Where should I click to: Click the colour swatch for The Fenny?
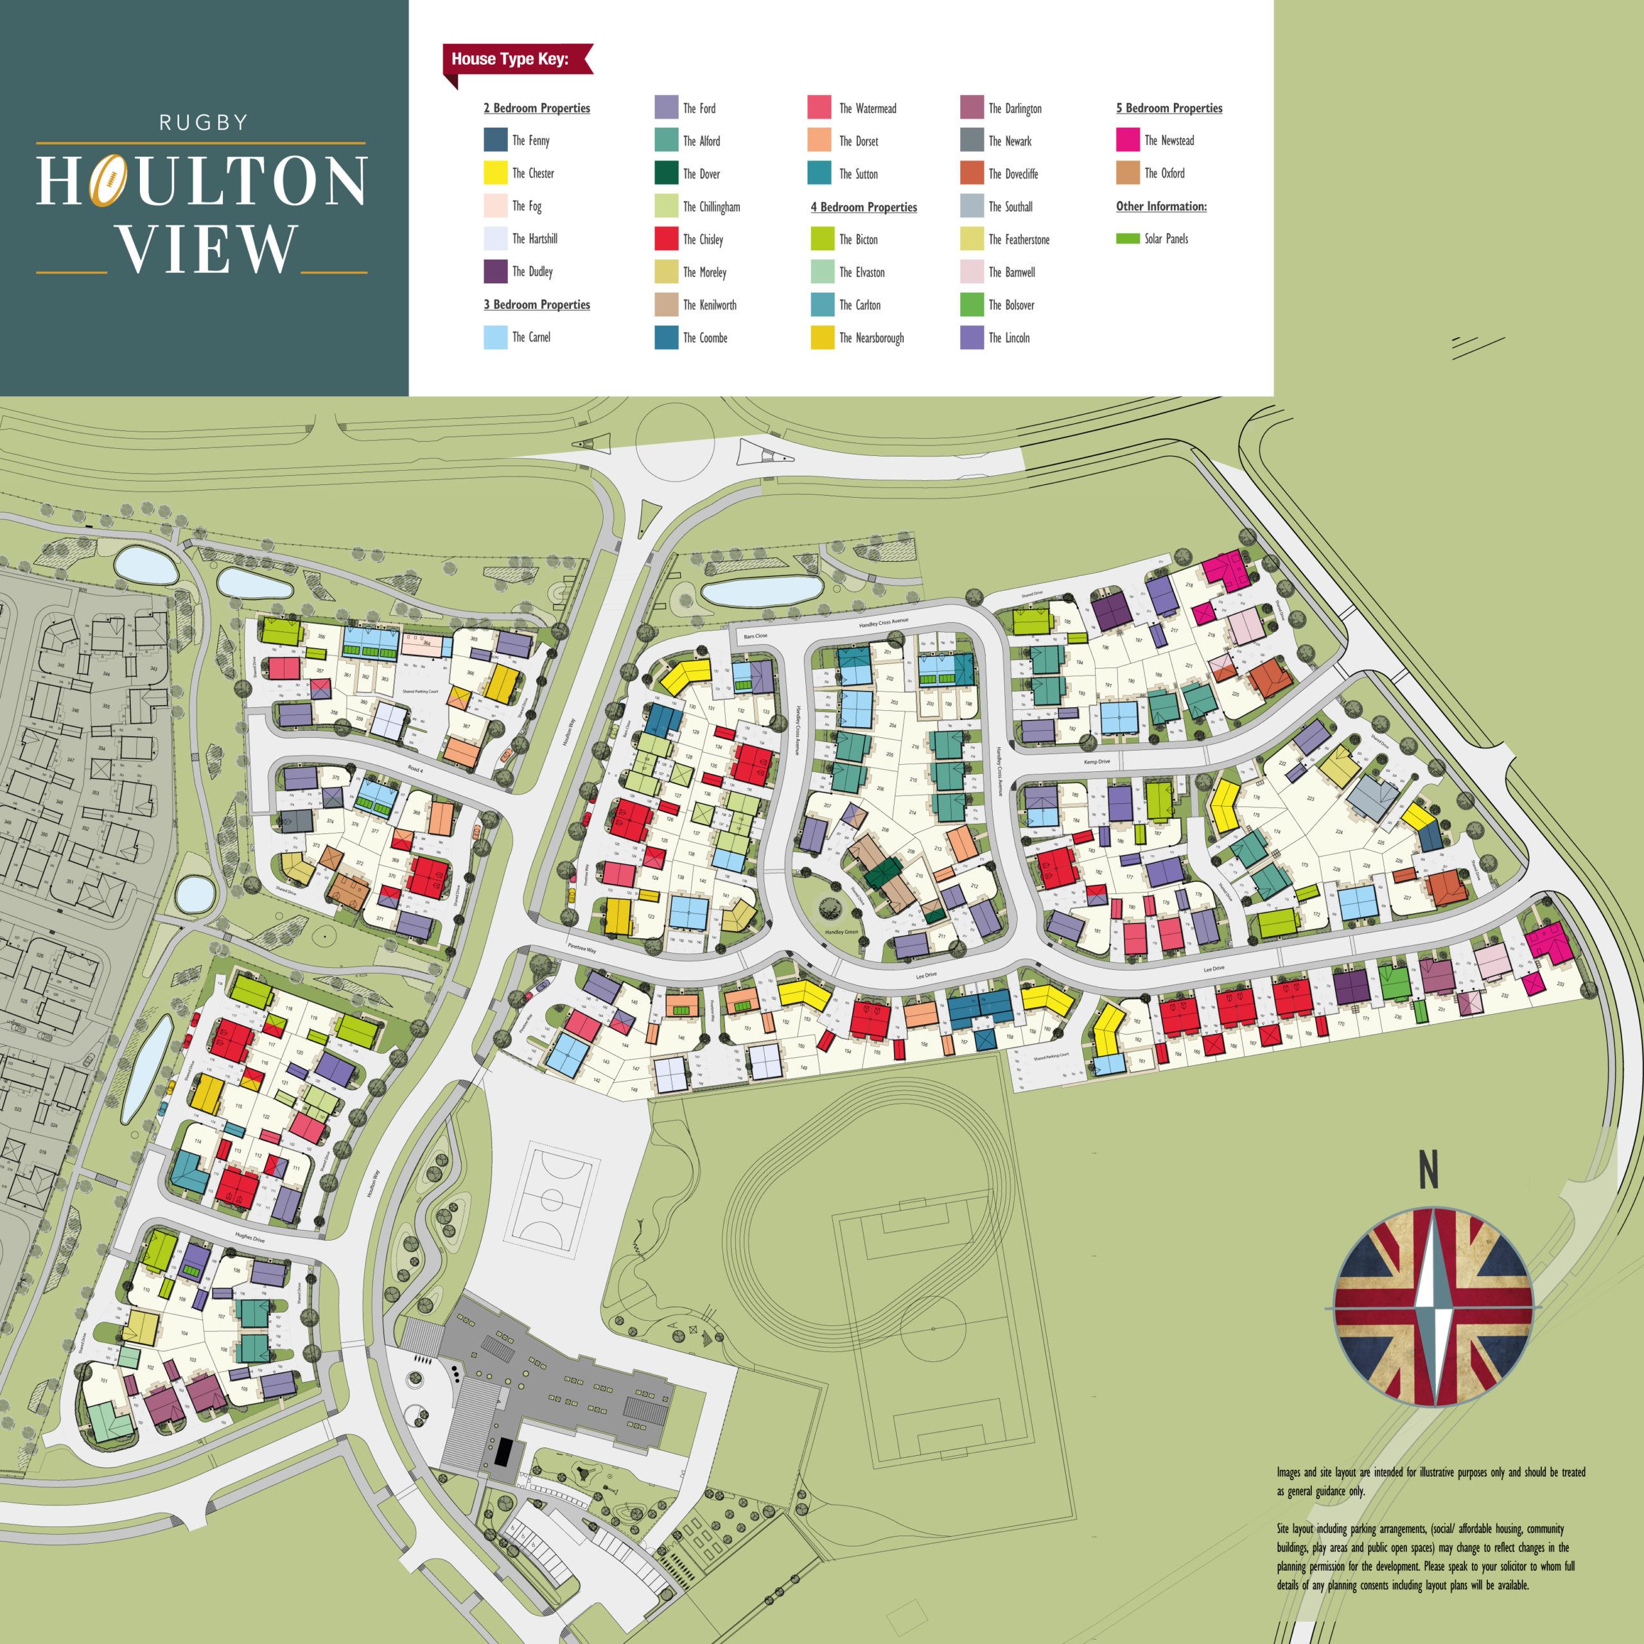pyautogui.click(x=495, y=139)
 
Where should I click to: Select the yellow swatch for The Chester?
pyautogui.click(x=495, y=173)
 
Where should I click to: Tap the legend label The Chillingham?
pyautogui.click(x=712, y=207)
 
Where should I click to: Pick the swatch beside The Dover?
pyautogui.click(x=667, y=173)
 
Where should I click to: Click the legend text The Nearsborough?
pyautogui.click(x=871, y=338)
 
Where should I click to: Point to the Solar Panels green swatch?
pyautogui.click(x=1128, y=239)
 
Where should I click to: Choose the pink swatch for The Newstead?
pyautogui.click(x=1128, y=139)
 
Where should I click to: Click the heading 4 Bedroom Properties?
pyautogui.click(x=864, y=207)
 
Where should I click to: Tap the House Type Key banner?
pyautogui.click(x=511, y=60)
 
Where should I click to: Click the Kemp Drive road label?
pyautogui.click(x=1097, y=762)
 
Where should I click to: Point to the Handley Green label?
pyautogui.click(x=841, y=932)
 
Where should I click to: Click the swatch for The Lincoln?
pyautogui.click(x=972, y=338)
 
